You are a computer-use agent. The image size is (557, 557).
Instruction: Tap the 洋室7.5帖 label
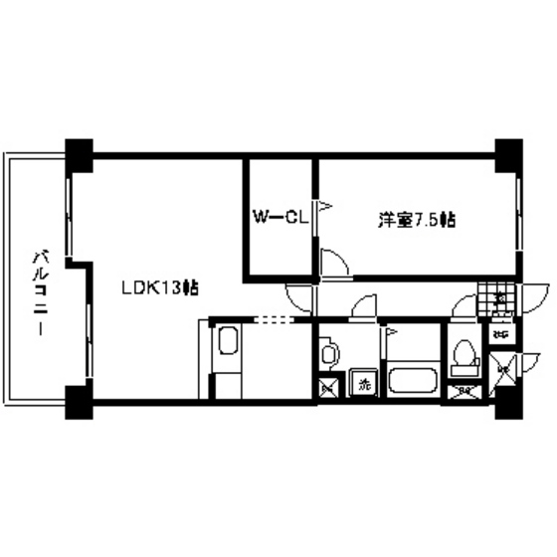pyautogui.click(x=416, y=218)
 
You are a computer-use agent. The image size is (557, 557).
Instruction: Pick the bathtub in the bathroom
pyautogui.click(x=410, y=380)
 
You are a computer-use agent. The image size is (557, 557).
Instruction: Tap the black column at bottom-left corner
pyautogui.click(x=79, y=400)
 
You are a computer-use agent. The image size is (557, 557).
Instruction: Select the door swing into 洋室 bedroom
pyautogui.click(x=336, y=261)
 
